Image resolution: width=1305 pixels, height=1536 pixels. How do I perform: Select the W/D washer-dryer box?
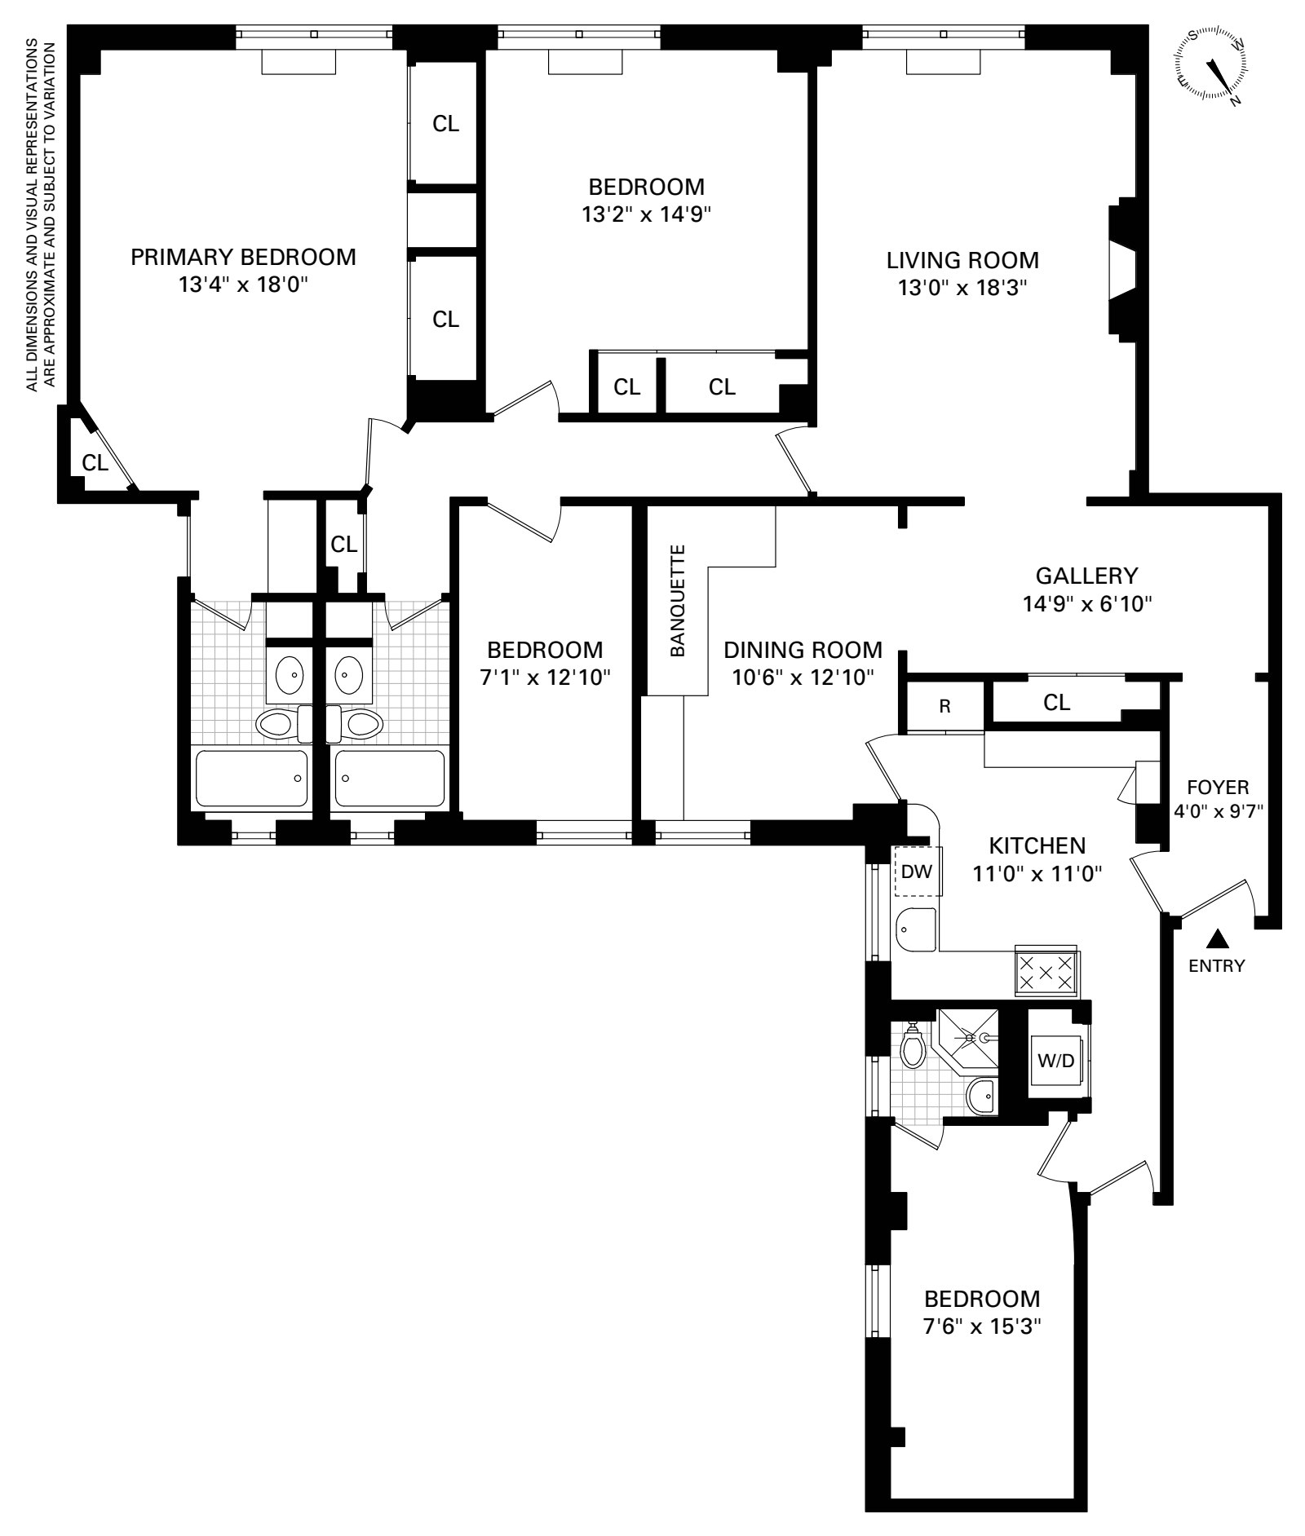pyautogui.click(x=1056, y=1061)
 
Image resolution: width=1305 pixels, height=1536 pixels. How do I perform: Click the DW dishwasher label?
pyautogui.click(x=917, y=872)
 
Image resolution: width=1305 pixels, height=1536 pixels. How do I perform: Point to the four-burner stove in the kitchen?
pyautogui.click(x=1047, y=972)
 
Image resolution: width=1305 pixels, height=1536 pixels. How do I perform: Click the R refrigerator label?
pyautogui.click(x=944, y=706)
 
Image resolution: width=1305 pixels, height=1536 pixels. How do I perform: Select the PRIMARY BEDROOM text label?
pyautogui.click(x=244, y=257)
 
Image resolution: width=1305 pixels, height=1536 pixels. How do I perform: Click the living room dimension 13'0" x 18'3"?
pyautogui.click(x=963, y=288)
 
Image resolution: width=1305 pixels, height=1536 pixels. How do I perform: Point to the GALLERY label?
pyautogui.click(x=1086, y=576)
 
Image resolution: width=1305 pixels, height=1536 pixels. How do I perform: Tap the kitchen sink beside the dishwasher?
pyautogui.click(x=917, y=929)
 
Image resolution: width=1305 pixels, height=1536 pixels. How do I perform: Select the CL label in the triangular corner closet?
pyautogui.click(x=95, y=463)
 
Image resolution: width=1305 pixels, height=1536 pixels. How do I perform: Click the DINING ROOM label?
pyautogui.click(x=803, y=650)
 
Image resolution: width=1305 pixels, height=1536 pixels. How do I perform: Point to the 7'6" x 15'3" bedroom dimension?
pyautogui.click(x=982, y=1326)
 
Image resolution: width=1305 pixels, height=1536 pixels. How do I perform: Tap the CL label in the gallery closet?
pyautogui.click(x=1056, y=703)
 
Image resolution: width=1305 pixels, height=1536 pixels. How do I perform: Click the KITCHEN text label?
pyautogui.click(x=1037, y=845)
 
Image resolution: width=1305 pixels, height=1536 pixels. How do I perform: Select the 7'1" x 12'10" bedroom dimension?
pyautogui.click(x=545, y=677)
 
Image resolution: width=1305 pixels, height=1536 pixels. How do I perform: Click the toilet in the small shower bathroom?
pyautogui.click(x=913, y=1045)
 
